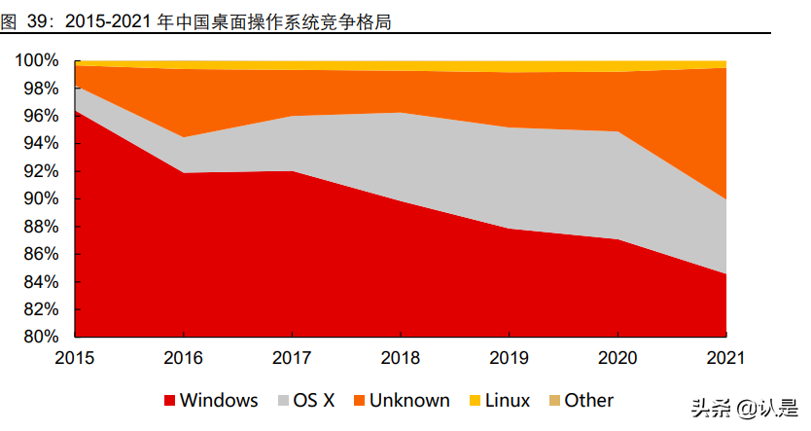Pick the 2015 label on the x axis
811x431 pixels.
75,358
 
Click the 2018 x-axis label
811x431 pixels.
401,358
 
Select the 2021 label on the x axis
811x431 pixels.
725,358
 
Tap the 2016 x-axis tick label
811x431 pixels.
184,358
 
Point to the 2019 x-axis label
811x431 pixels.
510,358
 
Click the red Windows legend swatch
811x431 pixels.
170,401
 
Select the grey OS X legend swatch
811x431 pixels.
283,401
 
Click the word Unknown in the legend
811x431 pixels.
409,401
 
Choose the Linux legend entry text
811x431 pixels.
508,401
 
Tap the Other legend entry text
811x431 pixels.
589,401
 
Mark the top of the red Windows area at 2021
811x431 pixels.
725,274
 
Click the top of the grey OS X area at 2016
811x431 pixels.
184,137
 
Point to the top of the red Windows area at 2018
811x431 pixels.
401,200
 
